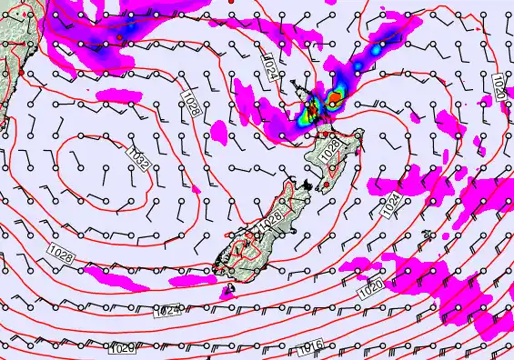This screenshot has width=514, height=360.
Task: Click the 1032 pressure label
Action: click(139, 157)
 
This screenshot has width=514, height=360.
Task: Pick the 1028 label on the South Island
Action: click(269, 221)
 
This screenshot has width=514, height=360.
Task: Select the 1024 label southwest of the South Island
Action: click(166, 311)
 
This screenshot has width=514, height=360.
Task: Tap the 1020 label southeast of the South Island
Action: click(371, 289)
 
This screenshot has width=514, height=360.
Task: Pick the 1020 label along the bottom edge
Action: click(124, 349)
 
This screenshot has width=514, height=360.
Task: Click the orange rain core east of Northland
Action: click(335, 96)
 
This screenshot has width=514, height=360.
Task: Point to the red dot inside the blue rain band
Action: click(119, 37)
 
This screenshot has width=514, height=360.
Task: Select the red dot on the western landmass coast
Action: click(19, 72)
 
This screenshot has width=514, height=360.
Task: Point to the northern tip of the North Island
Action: click(292, 84)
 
